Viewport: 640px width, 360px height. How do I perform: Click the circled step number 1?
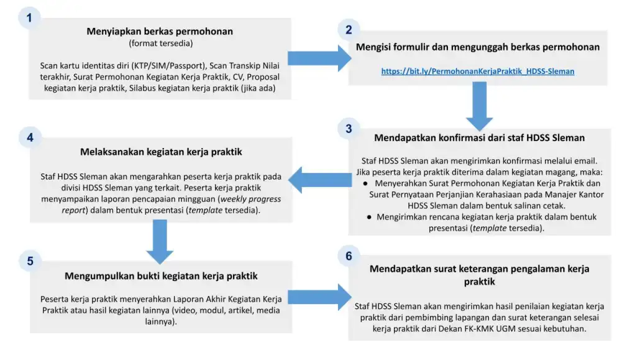pos(29,18)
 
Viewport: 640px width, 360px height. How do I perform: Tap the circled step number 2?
pos(349,29)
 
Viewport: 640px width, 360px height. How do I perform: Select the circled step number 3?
pos(349,129)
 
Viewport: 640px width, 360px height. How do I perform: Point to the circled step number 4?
pos(30,138)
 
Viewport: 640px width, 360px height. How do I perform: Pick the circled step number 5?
pos(30,261)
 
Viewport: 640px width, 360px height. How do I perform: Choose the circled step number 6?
pos(349,256)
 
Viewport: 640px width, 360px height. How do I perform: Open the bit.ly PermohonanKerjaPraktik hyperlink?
pos(477,72)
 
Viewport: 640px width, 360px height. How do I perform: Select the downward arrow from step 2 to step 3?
pos(479,106)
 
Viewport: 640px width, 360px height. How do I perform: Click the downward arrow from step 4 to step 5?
pos(160,242)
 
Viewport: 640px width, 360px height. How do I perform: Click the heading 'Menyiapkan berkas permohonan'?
pos(160,31)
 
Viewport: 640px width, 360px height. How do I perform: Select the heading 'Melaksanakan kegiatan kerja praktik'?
pos(161,152)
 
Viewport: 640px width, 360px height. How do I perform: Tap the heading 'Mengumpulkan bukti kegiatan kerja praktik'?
pos(161,275)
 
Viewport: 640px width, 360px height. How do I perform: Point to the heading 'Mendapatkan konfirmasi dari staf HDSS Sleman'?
pos(479,137)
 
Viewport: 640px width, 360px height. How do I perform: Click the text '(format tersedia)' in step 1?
pos(161,44)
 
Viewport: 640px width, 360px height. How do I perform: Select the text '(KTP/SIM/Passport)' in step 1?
pos(168,65)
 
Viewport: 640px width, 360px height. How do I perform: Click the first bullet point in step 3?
pos(478,195)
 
